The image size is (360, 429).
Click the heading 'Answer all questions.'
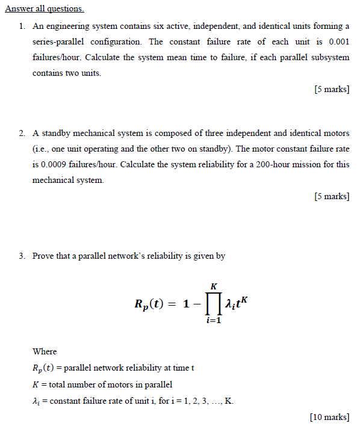click(45, 10)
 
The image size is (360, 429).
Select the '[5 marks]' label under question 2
click(332, 196)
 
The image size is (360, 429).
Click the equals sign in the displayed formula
click(171, 305)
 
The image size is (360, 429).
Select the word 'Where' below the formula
click(45, 351)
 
